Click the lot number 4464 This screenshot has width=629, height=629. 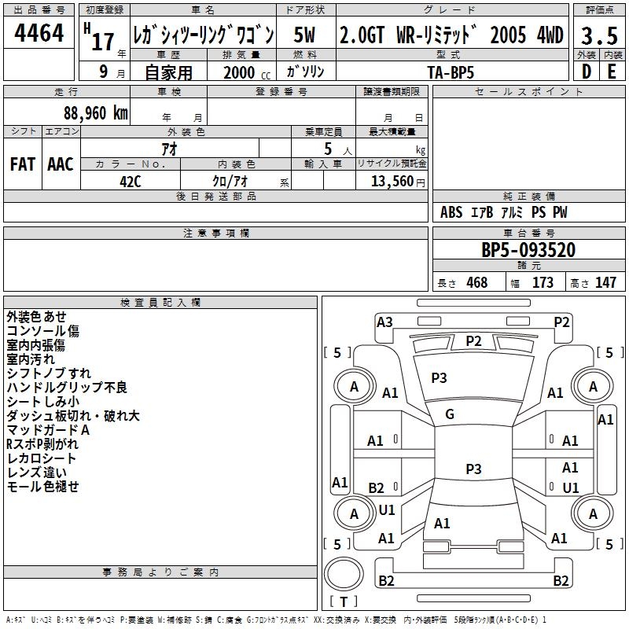coord(39,33)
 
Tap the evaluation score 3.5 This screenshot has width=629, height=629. coord(599,36)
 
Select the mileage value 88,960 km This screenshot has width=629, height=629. coord(95,113)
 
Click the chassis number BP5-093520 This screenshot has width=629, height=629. coord(528,250)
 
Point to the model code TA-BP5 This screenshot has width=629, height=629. coord(451,72)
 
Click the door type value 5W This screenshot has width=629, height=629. coord(304,35)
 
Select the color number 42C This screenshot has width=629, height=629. coord(131,182)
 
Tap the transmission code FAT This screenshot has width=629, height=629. coord(23,164)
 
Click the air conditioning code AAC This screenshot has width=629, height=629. coord(61,164)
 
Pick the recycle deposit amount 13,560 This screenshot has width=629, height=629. coord(392,182)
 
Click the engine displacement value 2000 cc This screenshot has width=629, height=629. coord(247,72)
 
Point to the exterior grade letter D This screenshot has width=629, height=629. coord(587,72)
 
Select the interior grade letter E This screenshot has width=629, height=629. coord(612,72)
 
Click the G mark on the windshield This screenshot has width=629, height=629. coord(450,414)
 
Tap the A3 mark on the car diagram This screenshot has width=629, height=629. coord(384,322)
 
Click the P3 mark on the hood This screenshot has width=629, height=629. coord(439,378)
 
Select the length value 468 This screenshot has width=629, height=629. coord(477,282)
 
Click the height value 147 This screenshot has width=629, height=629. coord(605,282)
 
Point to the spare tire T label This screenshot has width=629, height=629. coord(344,601)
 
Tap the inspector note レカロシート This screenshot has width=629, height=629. coord(42,458)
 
